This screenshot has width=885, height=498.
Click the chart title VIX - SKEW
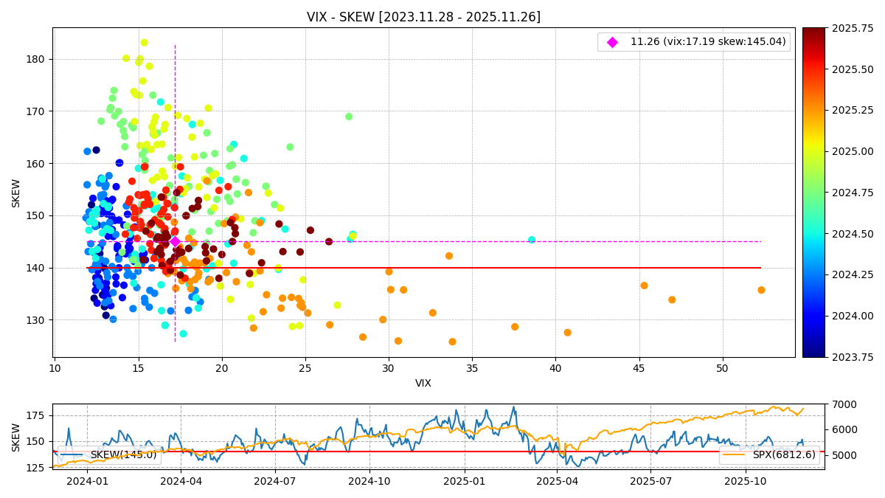[423, 17]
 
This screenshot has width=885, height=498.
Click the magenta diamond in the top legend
[612, 42]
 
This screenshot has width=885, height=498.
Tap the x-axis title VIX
[423, 384]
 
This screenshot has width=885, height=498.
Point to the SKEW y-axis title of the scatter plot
[16, 193]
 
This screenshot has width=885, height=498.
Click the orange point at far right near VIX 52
[761, 290]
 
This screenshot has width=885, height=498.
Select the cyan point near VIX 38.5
[531, 240]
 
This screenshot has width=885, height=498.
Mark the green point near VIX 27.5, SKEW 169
[349, 117]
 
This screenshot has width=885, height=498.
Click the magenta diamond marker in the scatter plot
[175, 241]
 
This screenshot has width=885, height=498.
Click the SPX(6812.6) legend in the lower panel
[768, 454]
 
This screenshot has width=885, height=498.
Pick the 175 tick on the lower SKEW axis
[35, 415]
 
